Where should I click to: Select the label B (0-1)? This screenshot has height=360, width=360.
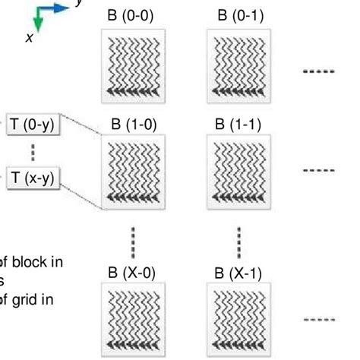tap(239, 15)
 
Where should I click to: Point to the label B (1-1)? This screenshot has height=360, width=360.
tap(239, 124)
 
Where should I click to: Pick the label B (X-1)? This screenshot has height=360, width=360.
tap(239, 271)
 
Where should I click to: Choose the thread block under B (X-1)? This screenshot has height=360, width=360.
tap(239, 319)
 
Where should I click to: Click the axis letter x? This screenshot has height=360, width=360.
tap(29, 37)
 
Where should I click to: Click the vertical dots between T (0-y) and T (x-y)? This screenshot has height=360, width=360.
tap(33, 152)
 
